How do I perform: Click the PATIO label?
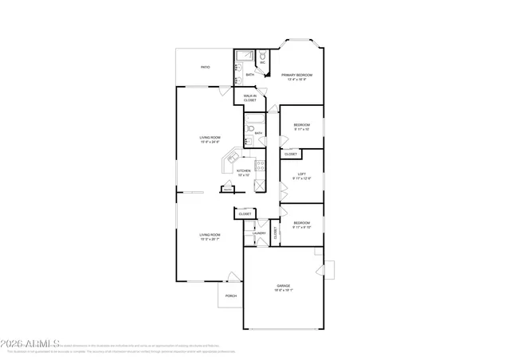coord(205,68)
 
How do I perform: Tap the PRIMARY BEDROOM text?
coord(296,75)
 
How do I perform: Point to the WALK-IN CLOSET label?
coord(249,98)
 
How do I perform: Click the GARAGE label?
coord(283,285)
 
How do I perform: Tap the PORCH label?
coord(230,295)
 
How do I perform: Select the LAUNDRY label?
coord(260,233)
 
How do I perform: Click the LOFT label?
coord(301,174)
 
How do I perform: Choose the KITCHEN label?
coord(244,170)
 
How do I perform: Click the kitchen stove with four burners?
coord(259,170)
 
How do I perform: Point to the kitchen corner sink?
coord(229,160)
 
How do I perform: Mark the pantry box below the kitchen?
coord(228,190)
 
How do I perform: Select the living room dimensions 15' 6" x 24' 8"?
coord(209,143)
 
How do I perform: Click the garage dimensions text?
coord(283,291)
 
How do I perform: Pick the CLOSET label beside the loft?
coord(291,154)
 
